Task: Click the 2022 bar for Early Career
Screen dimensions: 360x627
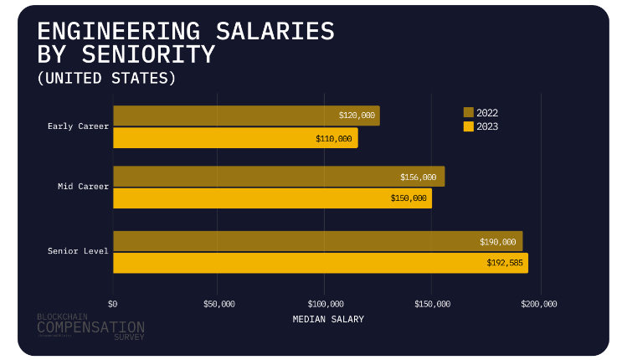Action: [x=246, y=116]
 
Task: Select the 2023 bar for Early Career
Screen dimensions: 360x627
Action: [x=235, y=138]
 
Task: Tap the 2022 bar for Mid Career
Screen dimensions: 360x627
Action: [x=279, y=177]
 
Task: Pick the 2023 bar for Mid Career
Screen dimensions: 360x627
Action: [x=272, y=198]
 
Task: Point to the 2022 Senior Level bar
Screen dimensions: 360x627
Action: [x=317, y=241]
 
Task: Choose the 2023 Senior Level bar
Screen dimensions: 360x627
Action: [x=321, y=263]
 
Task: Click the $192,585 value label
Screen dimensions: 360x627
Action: [x=504, y=263]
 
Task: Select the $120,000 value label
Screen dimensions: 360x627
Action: [x=357, y=116]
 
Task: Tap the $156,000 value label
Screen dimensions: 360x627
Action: [x=419, y=177]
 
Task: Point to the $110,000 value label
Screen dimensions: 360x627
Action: [x=334, y=138]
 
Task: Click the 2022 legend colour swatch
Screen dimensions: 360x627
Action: [x=469, y=112]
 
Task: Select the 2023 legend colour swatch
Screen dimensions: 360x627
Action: [x=469, y=126]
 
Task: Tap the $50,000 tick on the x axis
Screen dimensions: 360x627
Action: [x=219, y=304]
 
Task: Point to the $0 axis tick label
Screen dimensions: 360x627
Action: [x=114, y=304]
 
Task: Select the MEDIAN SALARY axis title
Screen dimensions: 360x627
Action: [x=328, y=320]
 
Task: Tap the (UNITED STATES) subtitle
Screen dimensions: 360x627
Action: [x=107, y=79]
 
